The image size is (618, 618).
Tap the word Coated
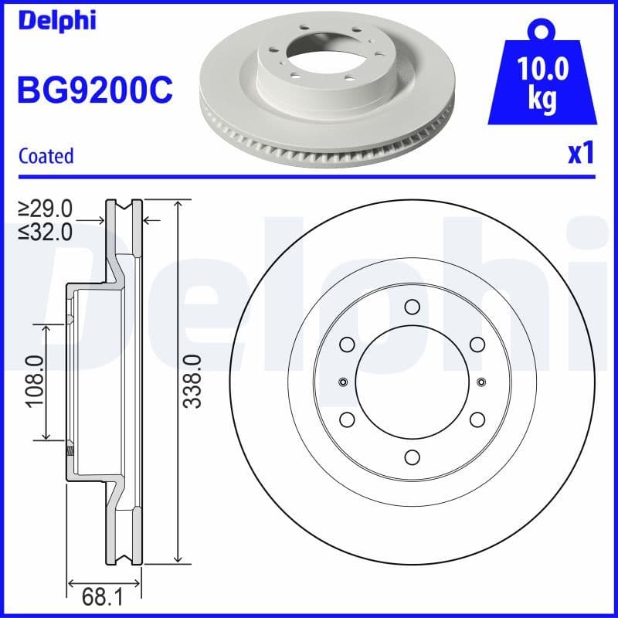46,155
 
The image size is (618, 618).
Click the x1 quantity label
579,154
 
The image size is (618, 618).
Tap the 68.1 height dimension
104,596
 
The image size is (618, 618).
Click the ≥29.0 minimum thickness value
46,208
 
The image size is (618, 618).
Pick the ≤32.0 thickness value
46,231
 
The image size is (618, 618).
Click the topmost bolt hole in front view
412,307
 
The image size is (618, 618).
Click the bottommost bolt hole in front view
412,456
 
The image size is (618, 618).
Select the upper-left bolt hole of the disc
347,344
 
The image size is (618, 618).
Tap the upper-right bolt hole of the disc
477,344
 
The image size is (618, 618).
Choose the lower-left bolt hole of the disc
347,419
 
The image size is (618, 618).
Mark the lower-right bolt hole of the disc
477,419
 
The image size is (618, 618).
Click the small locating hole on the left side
343,381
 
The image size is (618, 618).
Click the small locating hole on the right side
480,381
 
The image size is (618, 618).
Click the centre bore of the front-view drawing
412,381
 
